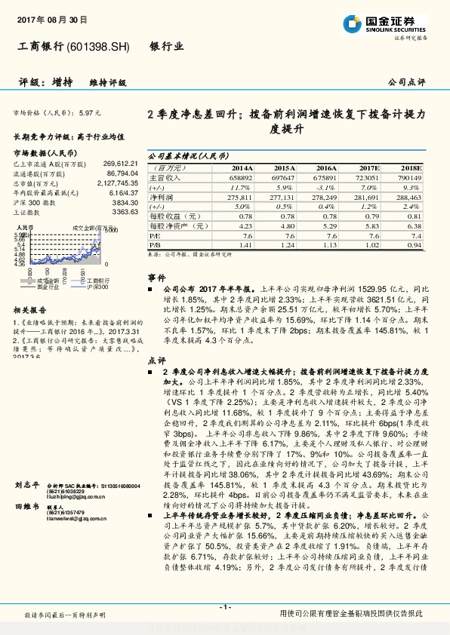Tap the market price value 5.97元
(x=89, y=112)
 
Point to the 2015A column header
(x=284, y=167)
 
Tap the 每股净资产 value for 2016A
(x=326, y=225)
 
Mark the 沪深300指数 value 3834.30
(x=125, y=204)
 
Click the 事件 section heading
(x=156, y=278)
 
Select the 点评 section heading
(x=156, y=361)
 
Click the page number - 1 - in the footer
(x=224, y=607)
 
